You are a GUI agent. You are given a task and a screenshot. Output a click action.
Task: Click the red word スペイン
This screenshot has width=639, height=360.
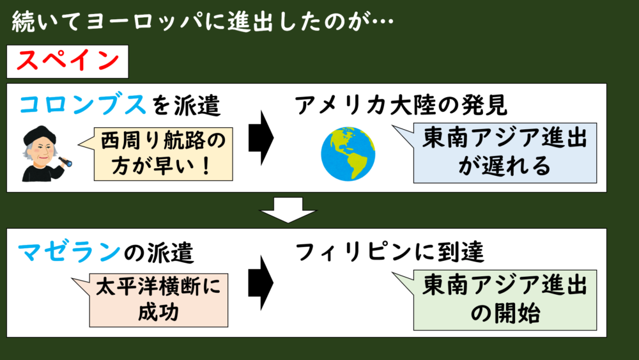coord(68,61)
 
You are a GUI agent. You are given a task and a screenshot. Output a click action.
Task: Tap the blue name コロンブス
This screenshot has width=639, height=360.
coord(82,106)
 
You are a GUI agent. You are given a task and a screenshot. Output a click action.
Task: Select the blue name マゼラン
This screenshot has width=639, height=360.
coord(69,251)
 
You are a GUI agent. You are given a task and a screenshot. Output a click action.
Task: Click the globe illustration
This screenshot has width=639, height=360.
coord(348,153)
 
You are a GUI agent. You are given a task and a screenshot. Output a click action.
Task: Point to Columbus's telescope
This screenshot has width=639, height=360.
coord(65,161)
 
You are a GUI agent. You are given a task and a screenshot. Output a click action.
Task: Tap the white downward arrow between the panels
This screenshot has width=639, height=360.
coord(288,210)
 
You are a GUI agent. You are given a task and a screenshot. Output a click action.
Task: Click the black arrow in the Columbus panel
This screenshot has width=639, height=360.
coord(261,138)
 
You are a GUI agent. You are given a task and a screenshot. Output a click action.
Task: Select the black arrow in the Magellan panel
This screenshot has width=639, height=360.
coord(261,283)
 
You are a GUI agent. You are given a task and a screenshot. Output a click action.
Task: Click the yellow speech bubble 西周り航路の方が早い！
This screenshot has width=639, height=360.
coord(163,154)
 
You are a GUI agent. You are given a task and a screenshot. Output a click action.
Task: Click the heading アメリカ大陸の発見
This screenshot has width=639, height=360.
coord(401,106)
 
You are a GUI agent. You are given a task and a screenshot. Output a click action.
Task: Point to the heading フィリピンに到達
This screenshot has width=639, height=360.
coord(390,251)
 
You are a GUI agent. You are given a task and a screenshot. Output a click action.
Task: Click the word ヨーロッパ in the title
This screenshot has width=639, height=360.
coord(144,21)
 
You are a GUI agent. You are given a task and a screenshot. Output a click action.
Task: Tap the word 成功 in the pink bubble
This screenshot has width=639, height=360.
coord(158,312)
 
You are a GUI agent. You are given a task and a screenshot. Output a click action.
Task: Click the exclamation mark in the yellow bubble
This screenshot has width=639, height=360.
coord(206,166)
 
